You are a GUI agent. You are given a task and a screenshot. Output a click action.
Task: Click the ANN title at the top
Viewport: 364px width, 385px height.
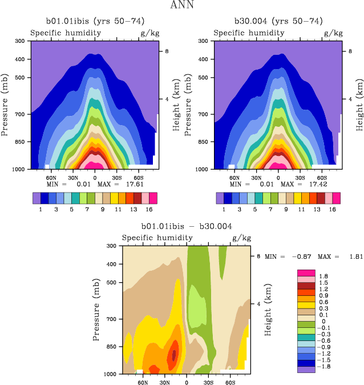tap(181, 6)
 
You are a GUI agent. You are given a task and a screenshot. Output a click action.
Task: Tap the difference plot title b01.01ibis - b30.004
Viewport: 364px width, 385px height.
tap(187, 226)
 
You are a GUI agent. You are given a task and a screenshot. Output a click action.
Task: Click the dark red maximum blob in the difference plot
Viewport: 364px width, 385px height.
tap(174, 355)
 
